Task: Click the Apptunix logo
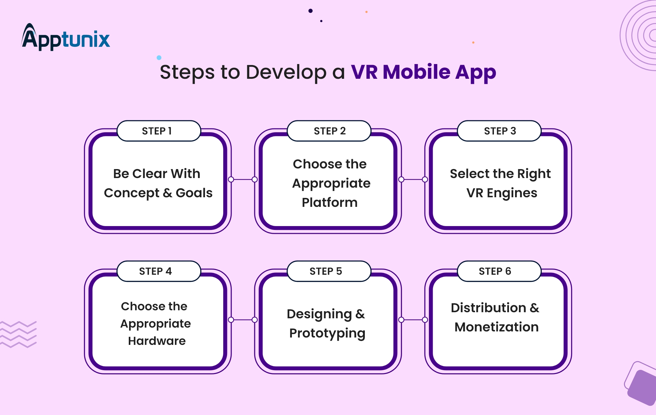tap(66, 38)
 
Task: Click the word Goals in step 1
tap(194, 193)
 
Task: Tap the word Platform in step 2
tap(329, 202)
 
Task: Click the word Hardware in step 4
tap(157, 341)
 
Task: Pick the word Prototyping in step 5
tap(327, 333)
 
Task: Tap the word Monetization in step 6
tap(496, 327)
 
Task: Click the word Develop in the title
tap(286, 72)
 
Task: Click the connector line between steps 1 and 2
tap(243, 179)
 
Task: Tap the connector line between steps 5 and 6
tap(413, 320)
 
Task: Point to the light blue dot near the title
tap(159, 58)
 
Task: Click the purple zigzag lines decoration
tap(18, 334)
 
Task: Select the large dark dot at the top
tap(310, 11)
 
